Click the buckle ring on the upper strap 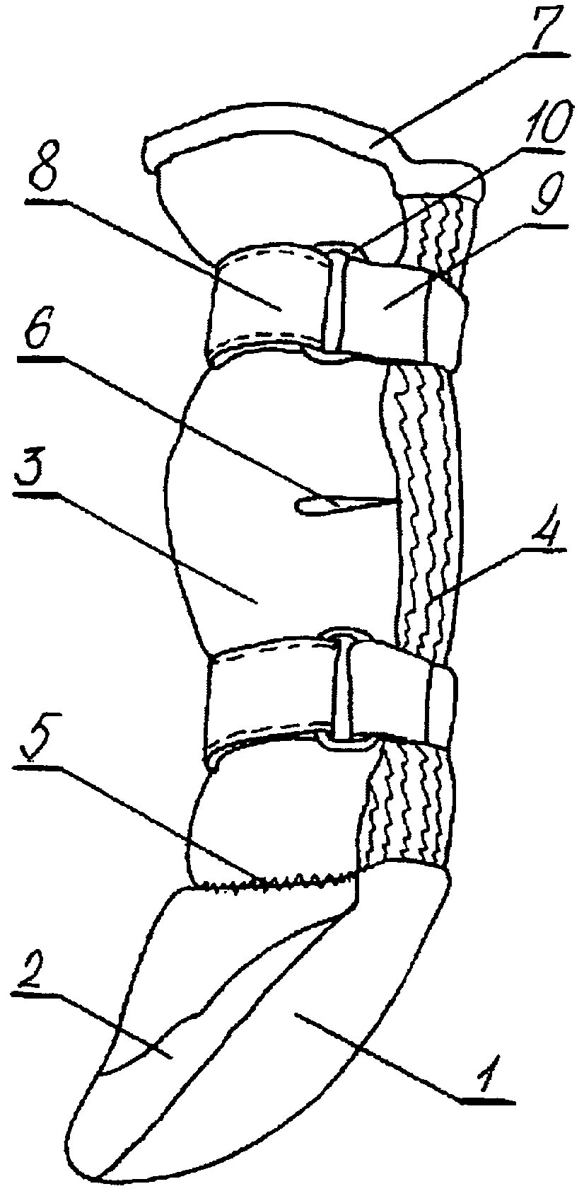click(334, 301)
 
